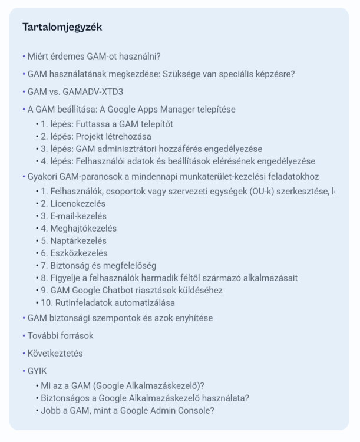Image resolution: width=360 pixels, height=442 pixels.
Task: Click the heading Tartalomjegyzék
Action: (x=62, y=27)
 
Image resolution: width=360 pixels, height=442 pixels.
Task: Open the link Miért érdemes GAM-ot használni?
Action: (x=94, y=57)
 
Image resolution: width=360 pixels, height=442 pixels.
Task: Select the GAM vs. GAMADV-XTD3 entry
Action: (x=75, y=92)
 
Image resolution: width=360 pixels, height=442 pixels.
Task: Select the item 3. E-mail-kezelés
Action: (x=74, y=216)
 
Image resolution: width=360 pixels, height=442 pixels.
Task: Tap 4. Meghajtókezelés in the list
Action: (x=79, y=229)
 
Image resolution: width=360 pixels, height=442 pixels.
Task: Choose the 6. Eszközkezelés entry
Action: (x=74, y=253)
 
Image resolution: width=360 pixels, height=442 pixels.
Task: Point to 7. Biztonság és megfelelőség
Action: (x=98, y=266)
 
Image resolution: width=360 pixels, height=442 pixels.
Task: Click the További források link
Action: (x=60, y=336)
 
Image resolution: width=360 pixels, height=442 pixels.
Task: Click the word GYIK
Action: (x=37, y=371)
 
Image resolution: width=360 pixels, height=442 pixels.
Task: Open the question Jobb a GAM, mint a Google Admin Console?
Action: (x=127, y=411)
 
